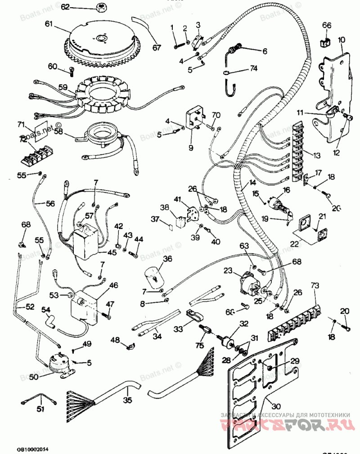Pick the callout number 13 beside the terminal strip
point(317,155)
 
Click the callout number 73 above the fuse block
point(315,286)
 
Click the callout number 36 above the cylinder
point(167,259)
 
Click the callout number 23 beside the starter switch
point(228,271)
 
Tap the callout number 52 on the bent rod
point(30,307)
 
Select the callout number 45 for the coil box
point(112,252)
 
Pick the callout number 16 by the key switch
point(286,191)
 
